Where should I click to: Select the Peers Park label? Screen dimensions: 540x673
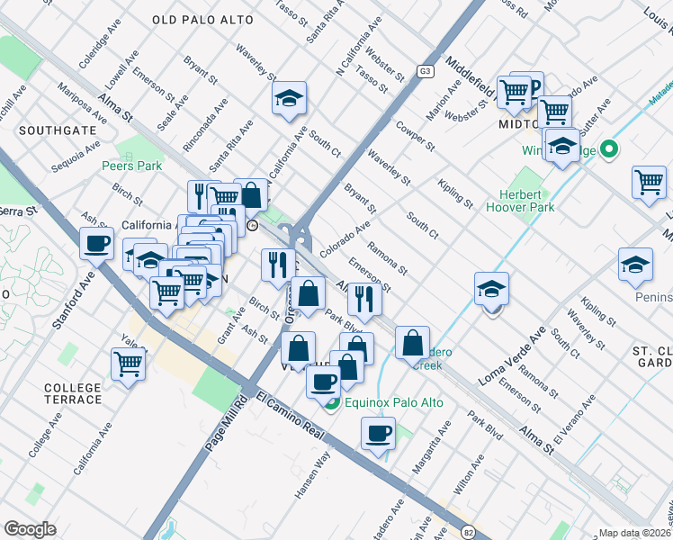click(131, 166)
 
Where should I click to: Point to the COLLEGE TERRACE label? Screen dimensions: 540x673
click(73, 393)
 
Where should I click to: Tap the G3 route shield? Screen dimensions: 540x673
click(426, 70)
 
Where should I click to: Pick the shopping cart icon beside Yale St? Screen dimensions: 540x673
click(129, 364)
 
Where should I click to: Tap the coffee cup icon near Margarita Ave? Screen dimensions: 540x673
click(379, 434)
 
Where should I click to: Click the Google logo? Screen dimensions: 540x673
click(30, 529)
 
